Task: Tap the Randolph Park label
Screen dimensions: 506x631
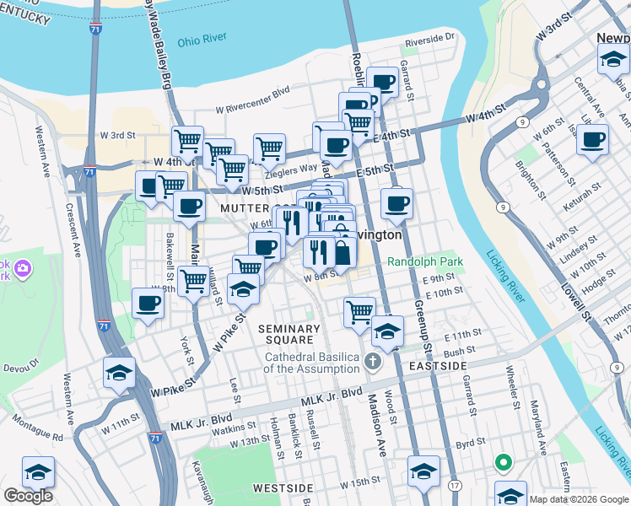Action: click(425, 262)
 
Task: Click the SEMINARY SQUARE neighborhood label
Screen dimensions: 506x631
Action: click(289, 334)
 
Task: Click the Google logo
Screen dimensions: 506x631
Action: click(28, 496)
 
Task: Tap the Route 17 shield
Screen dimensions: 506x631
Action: click(455, 487)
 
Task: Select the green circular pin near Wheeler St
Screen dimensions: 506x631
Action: click(504, 462)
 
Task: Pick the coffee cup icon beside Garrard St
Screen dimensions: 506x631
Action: click(382, 82)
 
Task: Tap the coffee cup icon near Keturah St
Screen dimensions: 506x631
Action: click(593, 138)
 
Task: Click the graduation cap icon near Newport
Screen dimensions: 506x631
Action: click(612, 59)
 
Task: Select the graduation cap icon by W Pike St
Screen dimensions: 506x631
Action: click(120, 372)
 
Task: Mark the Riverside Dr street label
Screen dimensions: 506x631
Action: click(429, 39)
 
